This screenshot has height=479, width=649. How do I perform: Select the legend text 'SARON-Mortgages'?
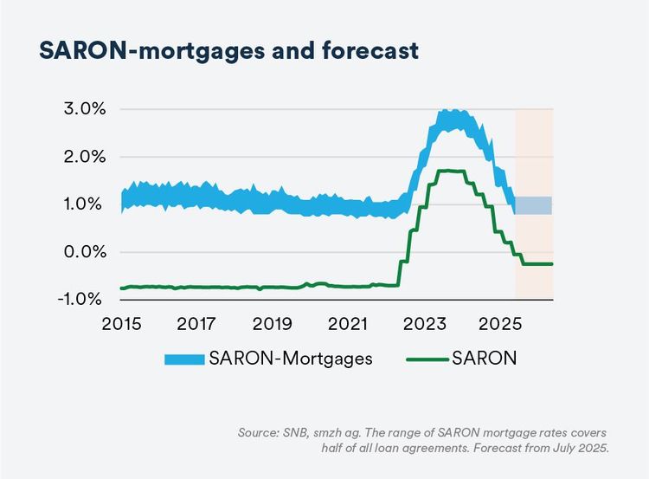[290, 359]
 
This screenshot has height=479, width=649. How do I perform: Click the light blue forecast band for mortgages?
[534, 205]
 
